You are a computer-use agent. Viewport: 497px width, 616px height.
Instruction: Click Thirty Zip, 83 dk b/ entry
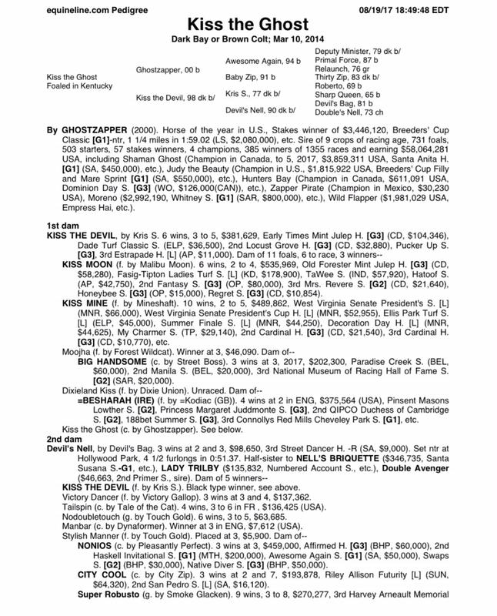coord(346,78)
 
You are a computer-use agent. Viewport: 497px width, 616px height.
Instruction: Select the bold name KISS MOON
coord(87,263)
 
